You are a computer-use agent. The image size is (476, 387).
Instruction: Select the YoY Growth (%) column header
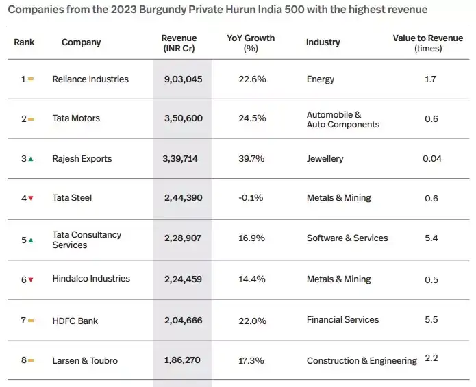(x=251, y=42)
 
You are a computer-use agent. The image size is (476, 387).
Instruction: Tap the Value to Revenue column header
(x=427, y=42)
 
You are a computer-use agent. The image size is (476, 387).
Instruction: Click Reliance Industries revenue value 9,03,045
(x=183, y=79)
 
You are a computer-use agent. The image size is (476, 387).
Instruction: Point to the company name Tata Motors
(x=76, y=118)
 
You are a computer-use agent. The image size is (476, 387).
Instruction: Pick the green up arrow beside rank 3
(x=31, y=159)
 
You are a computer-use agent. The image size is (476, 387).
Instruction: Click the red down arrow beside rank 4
(x=31, y=199)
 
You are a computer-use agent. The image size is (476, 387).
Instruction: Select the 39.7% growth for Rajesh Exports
(x=251, y=159)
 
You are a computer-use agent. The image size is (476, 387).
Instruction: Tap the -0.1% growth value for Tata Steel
(x=251, y=198)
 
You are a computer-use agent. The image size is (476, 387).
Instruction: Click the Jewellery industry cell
(x=325, y=159)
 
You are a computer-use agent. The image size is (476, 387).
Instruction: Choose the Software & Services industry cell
(x=347, y=238)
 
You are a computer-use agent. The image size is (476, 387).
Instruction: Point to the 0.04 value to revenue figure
(x=432, y=159)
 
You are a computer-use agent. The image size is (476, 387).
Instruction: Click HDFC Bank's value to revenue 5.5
(x=431, y=320)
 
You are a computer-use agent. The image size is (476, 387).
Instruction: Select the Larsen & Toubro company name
(x=85, y=360)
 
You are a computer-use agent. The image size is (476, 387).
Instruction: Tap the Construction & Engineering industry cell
(x=361, y=361)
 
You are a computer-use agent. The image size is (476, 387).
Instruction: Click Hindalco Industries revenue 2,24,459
(x=183, y=279)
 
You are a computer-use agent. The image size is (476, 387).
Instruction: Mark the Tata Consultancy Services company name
(x=86, y=240)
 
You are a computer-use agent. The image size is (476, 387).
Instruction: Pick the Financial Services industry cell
(x=342, y=320)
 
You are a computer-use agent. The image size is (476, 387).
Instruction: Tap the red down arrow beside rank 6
(x=31, y=279)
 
